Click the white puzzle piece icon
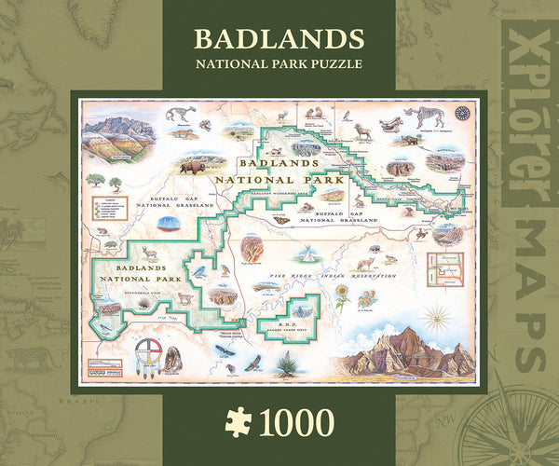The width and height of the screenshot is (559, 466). pos(239,421)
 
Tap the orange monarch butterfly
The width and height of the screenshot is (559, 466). pos(279,221)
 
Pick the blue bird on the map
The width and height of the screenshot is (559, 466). pos(198,270)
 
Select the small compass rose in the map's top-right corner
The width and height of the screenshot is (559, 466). pos(461,113)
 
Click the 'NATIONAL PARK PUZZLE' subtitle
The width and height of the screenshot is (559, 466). pos(279,64)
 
